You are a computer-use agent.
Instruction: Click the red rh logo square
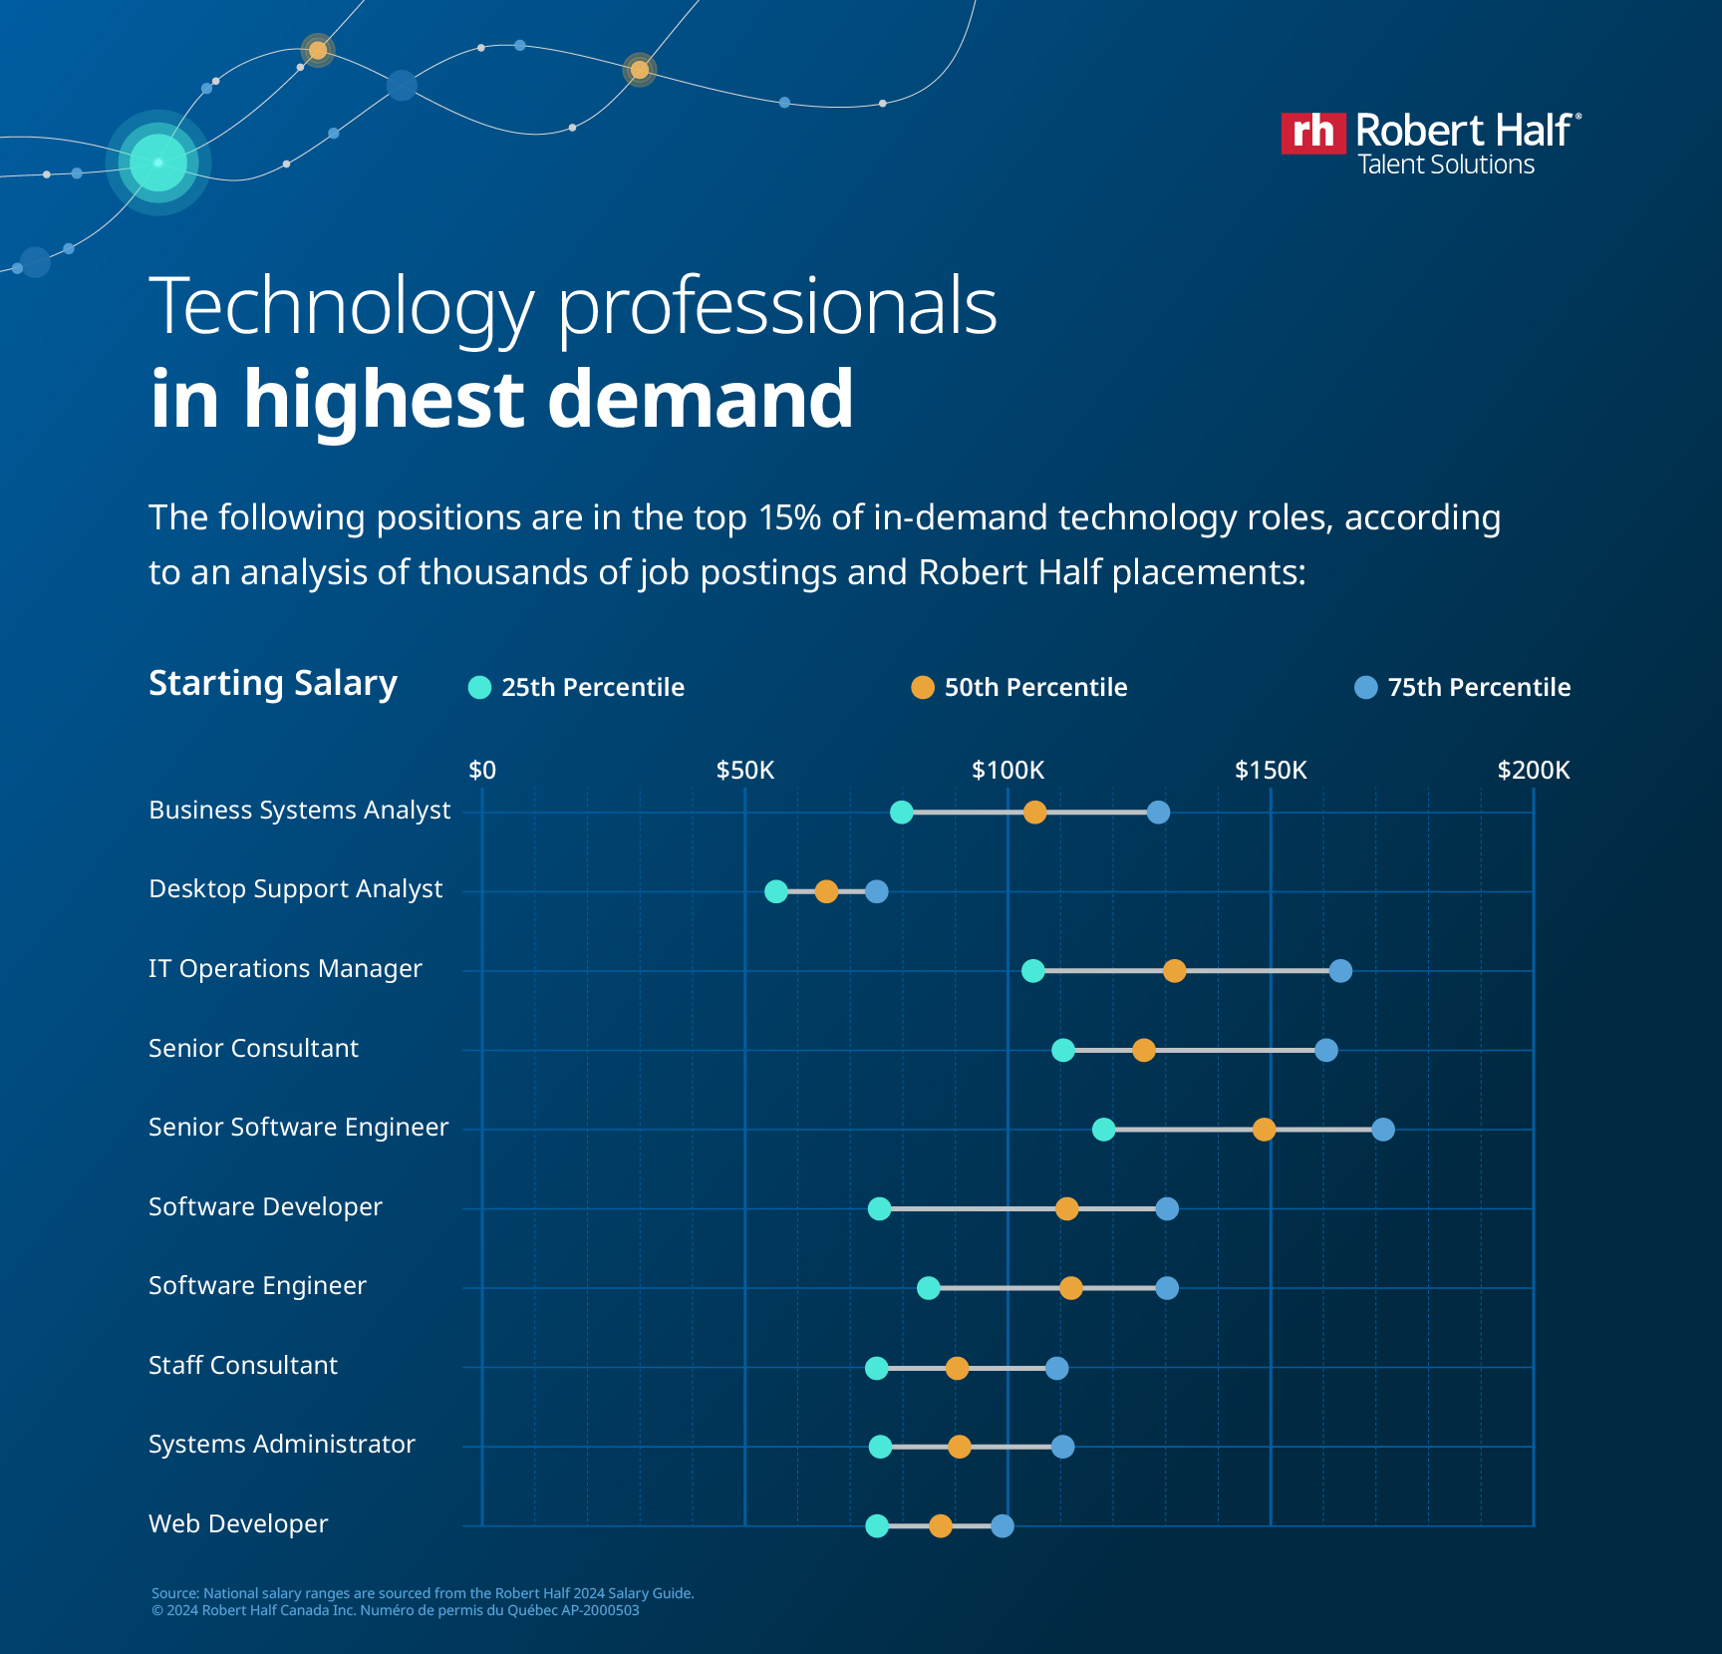coord(1312,133)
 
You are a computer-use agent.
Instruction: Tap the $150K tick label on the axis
coord(1270,770)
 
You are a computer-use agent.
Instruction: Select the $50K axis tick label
coord(744,770)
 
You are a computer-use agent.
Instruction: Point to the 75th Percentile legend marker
coord(1365,687)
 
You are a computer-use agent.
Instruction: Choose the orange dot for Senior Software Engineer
coord(1264,1130)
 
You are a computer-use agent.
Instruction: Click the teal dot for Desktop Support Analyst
coord(775,891)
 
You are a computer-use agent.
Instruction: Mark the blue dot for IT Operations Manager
coord(1340,971)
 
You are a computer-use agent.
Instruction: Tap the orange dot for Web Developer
coord(940,1525)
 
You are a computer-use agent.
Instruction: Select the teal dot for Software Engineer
coord(928,1288)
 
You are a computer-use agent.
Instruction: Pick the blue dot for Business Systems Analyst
coord(1158,813)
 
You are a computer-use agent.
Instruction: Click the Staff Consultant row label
coord(242,1365)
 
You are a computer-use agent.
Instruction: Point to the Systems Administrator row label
coord(281,1444)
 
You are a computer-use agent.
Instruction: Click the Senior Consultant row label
coord(253,1048)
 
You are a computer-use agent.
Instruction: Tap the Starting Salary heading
coord(272,683)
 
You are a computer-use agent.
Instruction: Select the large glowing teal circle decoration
coord(158,163)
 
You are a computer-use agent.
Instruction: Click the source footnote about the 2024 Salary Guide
coord(423,1593)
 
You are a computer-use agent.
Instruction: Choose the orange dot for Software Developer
coord(1066,1209)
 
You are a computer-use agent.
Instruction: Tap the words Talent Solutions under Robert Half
coord(1446,165)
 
